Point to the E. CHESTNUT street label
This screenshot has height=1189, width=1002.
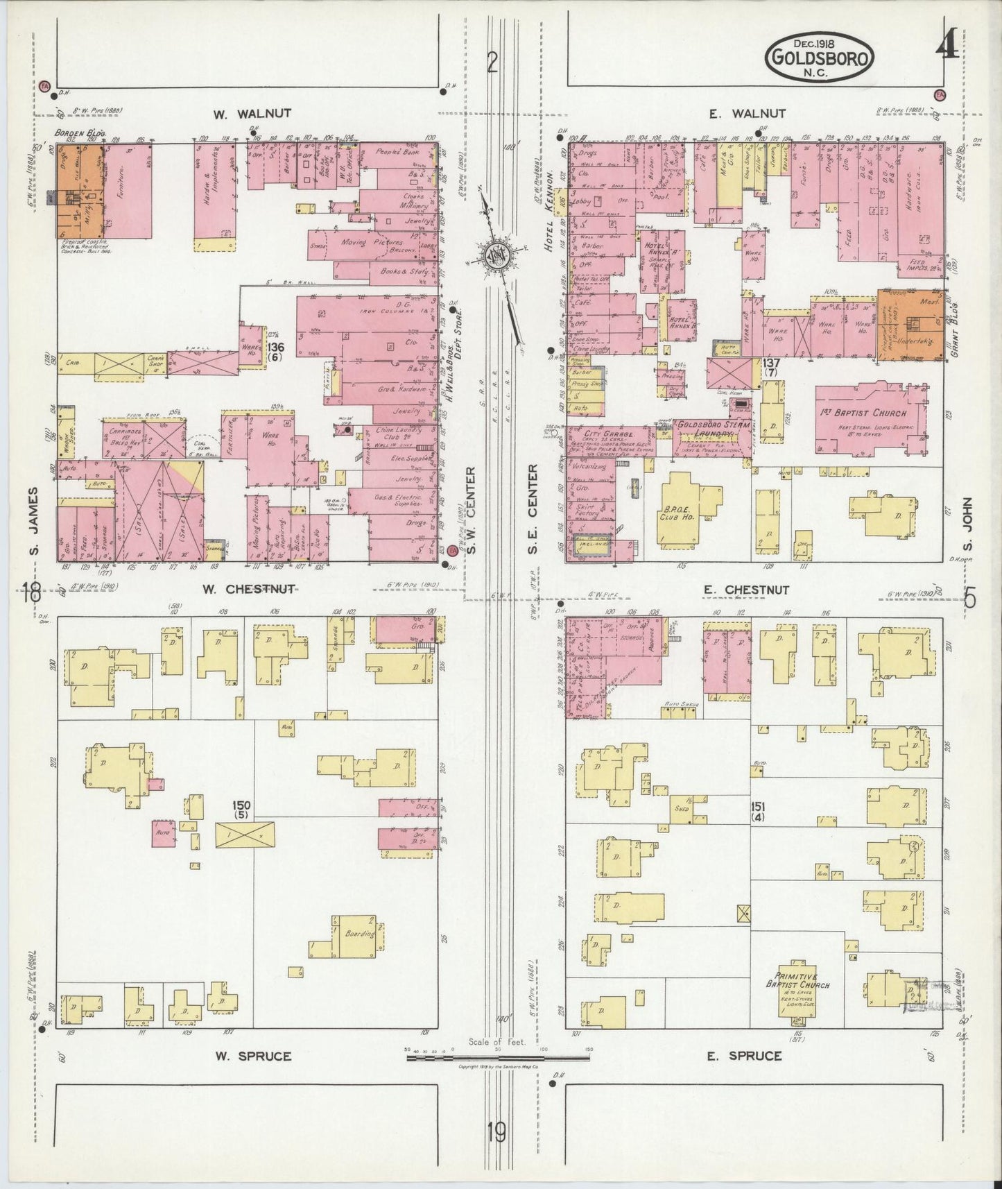pos(746,590)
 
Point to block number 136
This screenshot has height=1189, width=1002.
pos(275,348)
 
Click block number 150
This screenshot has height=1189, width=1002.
pos(241,806)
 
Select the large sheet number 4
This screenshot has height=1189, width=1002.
pos(945,48)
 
